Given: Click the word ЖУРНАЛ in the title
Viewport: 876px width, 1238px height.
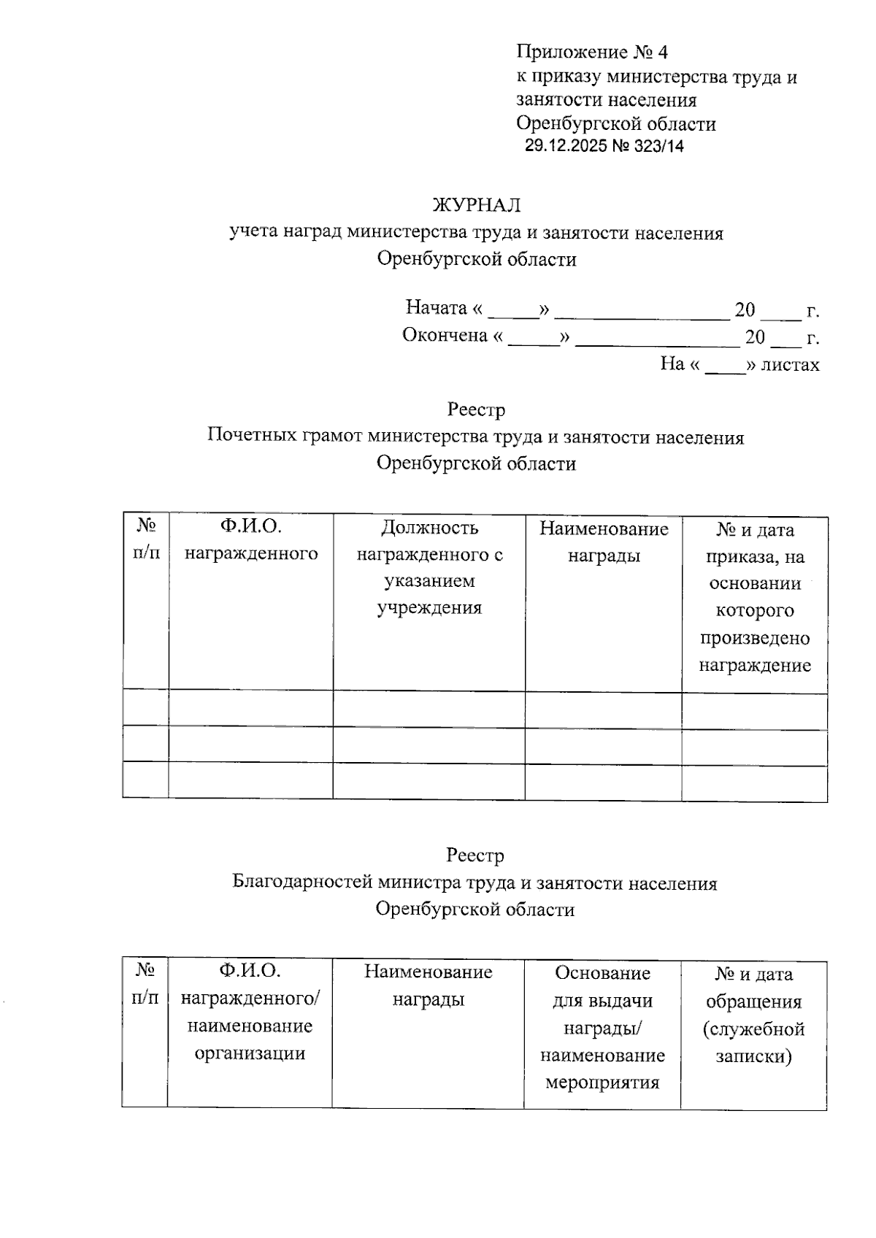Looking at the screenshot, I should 477,205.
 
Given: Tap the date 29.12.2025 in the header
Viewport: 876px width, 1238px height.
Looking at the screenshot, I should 566,146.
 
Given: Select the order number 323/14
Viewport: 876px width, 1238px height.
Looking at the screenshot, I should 659,146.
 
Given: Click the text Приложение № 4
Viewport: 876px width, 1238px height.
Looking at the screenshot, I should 592,52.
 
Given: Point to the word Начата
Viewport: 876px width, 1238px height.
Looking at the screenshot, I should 436,308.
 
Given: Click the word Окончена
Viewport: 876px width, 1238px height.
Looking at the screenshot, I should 445,336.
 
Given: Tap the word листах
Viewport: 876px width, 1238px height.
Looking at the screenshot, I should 790,364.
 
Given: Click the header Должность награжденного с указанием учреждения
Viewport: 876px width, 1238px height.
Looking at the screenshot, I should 429,567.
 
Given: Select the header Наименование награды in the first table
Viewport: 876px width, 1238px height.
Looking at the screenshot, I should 604,542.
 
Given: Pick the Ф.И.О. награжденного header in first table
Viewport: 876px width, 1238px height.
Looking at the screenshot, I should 250,540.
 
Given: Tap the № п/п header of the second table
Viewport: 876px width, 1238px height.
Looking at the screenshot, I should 145,984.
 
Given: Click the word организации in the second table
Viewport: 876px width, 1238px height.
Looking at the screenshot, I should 250,1053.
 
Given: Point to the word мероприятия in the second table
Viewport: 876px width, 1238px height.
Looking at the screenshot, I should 602,1082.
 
